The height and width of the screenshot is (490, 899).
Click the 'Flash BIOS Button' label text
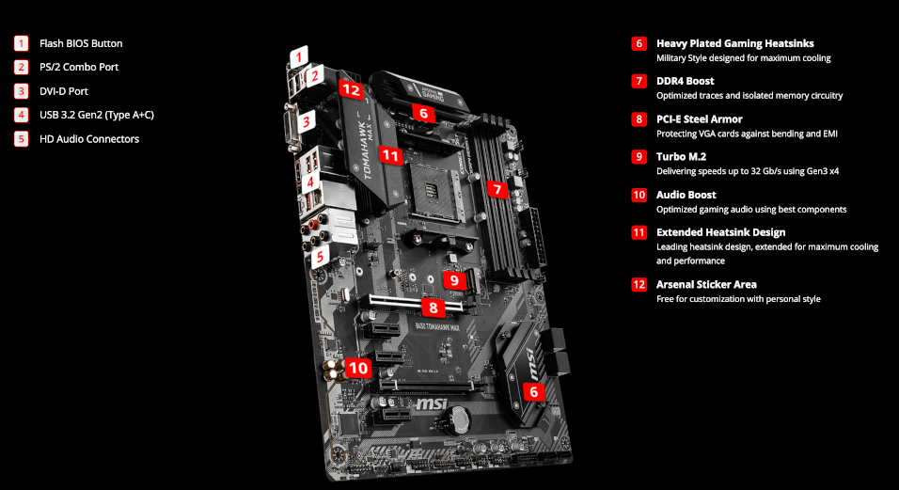81,43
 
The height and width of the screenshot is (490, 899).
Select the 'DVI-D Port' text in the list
64,91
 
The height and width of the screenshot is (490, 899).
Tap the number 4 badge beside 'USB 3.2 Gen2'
22,115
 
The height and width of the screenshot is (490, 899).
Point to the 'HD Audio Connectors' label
89,139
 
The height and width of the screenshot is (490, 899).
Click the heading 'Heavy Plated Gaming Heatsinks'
734,43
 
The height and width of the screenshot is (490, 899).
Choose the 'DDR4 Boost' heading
686,81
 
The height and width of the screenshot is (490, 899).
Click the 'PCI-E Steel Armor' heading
699,119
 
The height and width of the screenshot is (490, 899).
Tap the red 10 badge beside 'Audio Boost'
639,195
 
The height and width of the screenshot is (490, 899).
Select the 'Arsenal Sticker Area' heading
706,284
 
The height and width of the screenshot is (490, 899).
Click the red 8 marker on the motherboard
433,307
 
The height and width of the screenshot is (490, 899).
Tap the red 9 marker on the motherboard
453,279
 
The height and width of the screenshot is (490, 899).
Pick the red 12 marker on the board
351,90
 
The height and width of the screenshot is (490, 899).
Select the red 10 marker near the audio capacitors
357,368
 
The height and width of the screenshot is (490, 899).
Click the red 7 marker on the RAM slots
498,189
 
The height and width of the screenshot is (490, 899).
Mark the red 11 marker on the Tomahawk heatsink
391,155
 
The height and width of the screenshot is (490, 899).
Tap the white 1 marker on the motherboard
298,56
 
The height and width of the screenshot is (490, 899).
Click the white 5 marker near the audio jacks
320,256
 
